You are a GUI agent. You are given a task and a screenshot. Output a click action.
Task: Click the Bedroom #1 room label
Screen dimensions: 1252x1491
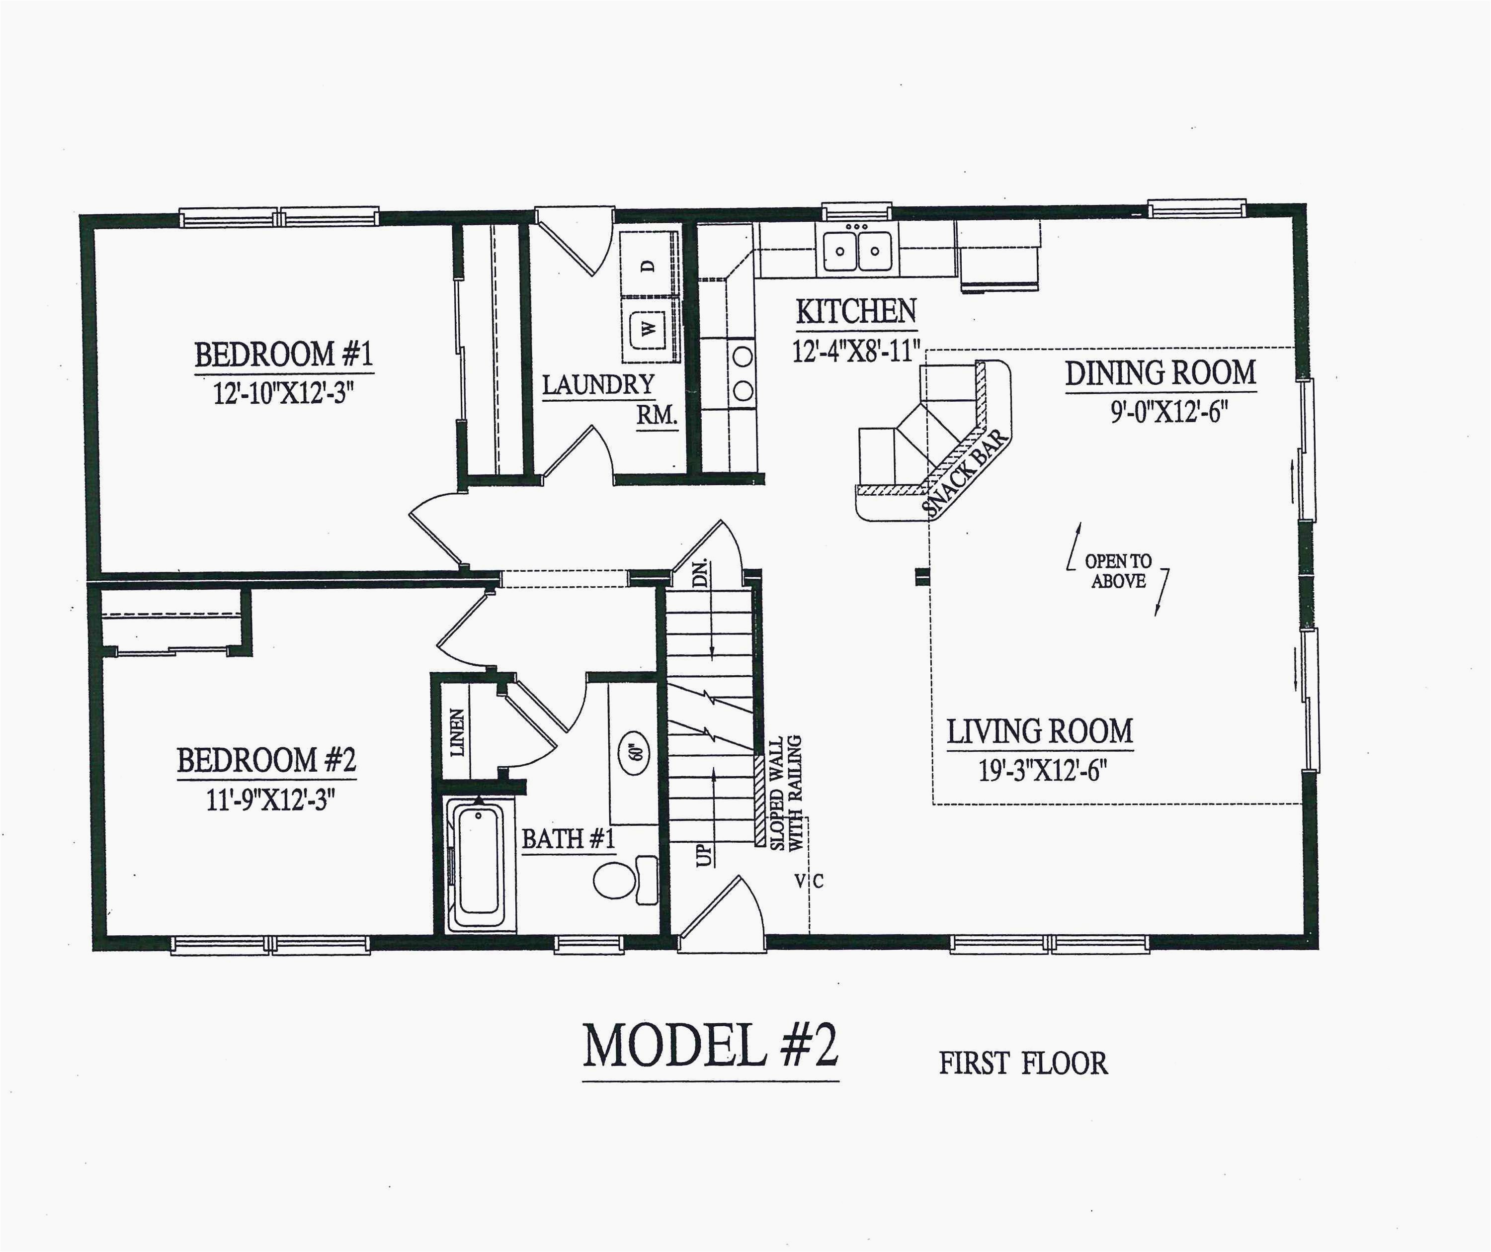click(x=283, y=355)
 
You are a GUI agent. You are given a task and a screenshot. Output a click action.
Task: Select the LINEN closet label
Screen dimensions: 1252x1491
click(x=458, y=732)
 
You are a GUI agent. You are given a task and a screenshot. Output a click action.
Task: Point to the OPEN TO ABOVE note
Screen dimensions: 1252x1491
click(x=1118, y=571)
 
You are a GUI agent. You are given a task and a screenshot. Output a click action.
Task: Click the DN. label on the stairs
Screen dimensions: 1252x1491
click(x=700, y=572)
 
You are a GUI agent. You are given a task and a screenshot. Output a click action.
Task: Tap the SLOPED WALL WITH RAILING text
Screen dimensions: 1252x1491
click(x=785, y=793)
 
